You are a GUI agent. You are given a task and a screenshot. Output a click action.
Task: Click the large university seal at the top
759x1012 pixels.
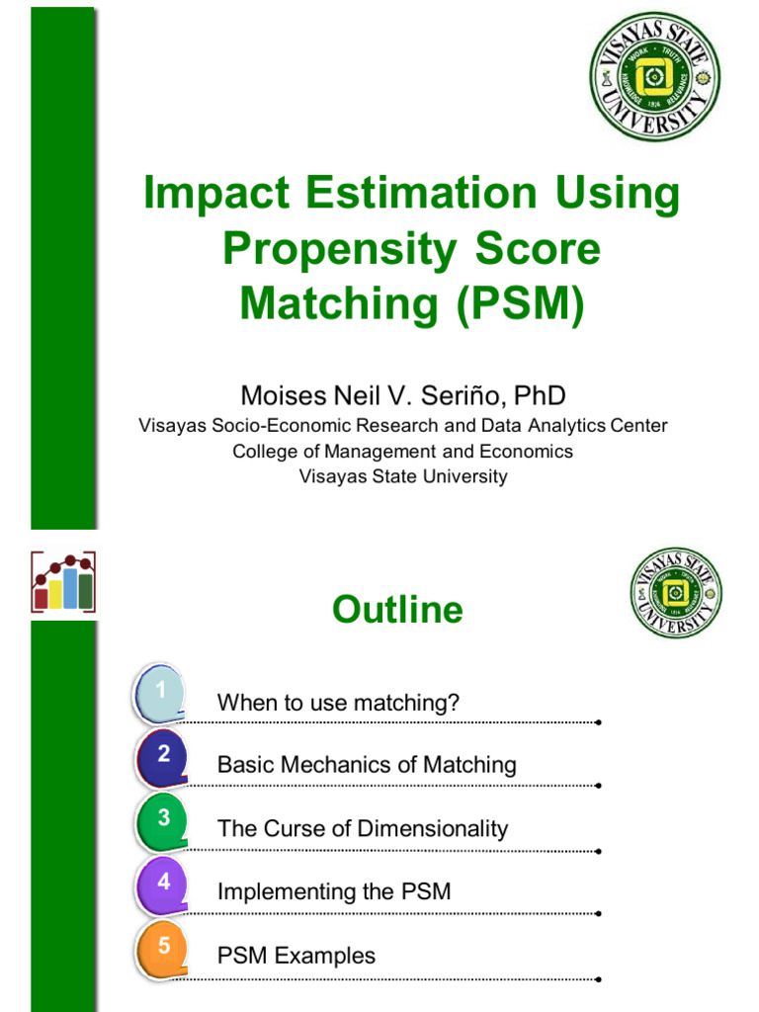(x=654, y=76)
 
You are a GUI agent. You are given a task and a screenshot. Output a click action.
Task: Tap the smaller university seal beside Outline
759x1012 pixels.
(x=676, y=593)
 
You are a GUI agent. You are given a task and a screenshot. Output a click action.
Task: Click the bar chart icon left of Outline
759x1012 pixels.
(x=63, y=581)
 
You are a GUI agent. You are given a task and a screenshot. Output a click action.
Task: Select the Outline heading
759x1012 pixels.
(x=397, y=610)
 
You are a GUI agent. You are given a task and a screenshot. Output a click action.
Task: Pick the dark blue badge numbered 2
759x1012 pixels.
(x=162, y=756)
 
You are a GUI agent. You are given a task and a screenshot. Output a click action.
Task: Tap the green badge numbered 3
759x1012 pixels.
(x=162, y=819)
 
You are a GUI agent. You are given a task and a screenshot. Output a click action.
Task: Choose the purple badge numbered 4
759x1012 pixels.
(x=162, y=883)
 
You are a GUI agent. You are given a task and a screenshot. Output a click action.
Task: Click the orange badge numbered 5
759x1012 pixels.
(x=162, y=946)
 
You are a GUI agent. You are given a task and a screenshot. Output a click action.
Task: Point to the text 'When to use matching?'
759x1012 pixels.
(x=338, y=704)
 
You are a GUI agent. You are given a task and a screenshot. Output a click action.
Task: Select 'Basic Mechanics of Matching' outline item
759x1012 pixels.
(x=367, y=765)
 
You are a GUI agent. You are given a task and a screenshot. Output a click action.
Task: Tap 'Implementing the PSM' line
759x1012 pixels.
(x=334, y=891)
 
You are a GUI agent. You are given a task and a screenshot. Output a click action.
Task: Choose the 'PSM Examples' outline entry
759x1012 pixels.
(x=296, y=956)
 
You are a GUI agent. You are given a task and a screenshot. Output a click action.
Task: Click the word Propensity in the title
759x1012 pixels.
(x=327, y=249)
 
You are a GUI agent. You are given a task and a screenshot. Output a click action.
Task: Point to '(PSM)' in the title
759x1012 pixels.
(x=519, y=303)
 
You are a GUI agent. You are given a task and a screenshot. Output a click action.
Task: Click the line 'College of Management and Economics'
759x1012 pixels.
(x=402, y=451)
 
